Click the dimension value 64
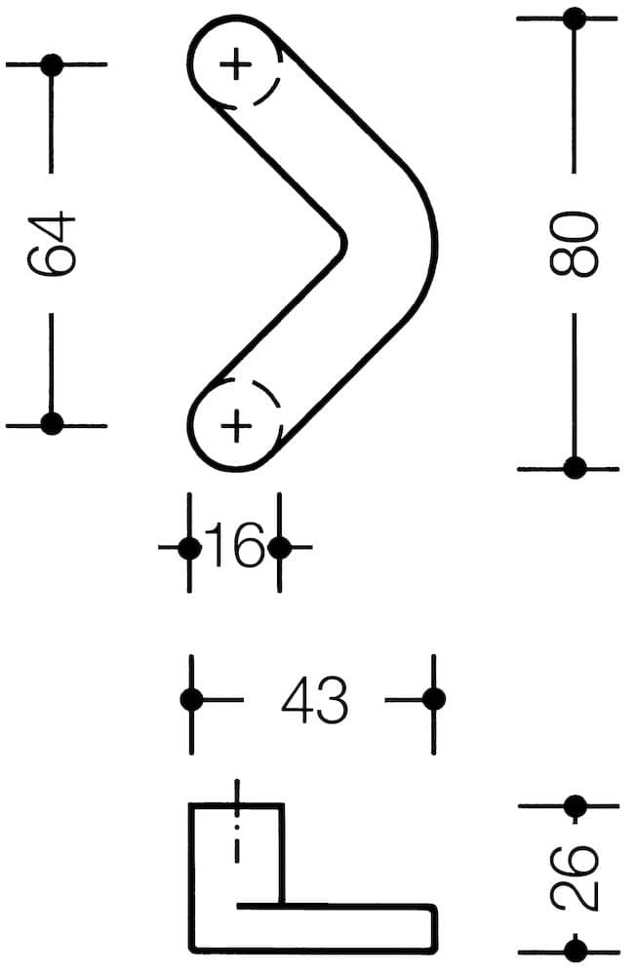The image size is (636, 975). [52, 243]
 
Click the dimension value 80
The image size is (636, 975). [574, 243]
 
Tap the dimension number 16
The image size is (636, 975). [235, 545]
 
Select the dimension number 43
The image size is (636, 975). [314, 699]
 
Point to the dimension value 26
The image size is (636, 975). [574, 877]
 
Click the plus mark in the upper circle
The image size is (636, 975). [236, 64]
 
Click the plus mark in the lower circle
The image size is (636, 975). [236, 426]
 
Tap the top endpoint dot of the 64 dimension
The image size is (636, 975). [52, 64]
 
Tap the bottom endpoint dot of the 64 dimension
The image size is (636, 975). [52, 423]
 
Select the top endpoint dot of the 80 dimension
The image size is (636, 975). [575, 18]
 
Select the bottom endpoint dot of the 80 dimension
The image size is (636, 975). [575, 468]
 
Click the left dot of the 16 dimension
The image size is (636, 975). [189, 548]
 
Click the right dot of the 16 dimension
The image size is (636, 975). [279, 548]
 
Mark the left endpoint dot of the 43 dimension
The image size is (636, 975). [191, 699]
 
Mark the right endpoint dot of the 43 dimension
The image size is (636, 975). [434, 699]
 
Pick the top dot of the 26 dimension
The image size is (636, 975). [575, 806]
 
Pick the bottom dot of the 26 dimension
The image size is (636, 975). [575, 951]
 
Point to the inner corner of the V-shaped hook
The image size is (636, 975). [344, 243]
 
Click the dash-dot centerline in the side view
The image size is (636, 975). [236, 821]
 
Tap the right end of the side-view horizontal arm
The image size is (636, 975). [436, 928]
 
